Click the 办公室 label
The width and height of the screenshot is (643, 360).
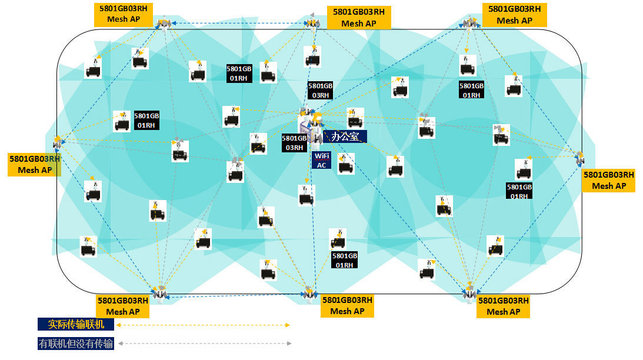pos(345,136)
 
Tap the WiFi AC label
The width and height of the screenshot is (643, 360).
pos(321,161)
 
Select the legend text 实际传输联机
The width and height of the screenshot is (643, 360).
pos(76,324)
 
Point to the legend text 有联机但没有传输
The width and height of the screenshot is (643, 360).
pos(76,344)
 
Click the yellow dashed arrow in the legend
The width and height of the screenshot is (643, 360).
pos(204,325)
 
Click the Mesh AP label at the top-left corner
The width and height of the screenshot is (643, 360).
pos(124,14)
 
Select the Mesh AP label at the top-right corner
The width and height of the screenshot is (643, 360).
pos(514,15)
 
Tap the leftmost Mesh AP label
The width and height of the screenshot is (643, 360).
pos(35,165)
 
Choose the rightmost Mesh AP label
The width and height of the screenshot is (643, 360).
pos(608,181)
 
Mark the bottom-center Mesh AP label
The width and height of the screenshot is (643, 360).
pos(347,306)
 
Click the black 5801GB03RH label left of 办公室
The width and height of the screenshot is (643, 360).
pos(294,143)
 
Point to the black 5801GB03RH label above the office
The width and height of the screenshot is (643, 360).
pos(320,91)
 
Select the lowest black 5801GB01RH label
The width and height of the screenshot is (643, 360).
pos(345,261)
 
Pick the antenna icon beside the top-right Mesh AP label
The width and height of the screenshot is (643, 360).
pos(469,23)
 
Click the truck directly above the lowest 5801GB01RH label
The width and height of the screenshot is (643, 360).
pos(338,239)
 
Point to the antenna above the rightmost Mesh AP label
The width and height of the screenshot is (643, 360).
pos(579,158)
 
